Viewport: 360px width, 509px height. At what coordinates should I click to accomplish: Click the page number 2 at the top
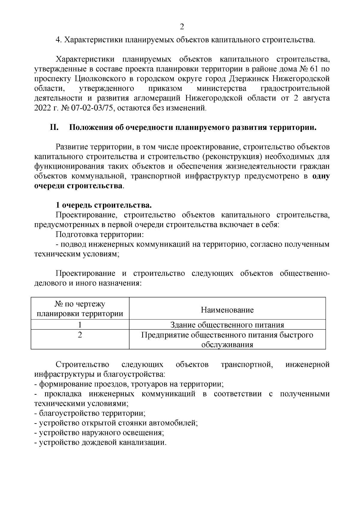click(181, 27)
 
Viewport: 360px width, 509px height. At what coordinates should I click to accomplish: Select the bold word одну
click(321, 176)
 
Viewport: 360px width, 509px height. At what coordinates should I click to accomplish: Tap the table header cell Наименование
click(227, 310)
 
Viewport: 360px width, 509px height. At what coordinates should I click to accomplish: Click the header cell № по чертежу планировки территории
click(80, 309)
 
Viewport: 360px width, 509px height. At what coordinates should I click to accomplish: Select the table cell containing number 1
click(80, 325)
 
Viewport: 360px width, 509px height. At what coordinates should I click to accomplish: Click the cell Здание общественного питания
click(227, 325)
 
